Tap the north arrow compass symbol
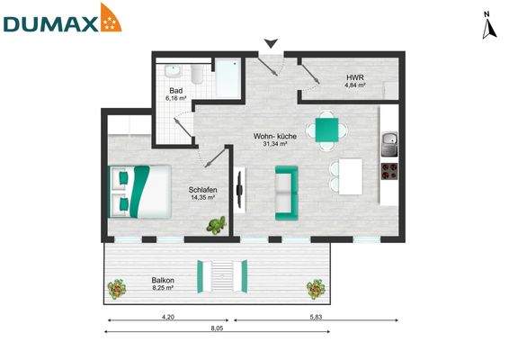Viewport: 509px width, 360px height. point(489,26)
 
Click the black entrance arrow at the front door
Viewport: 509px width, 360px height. point(271,42)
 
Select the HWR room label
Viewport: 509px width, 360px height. point(354,78)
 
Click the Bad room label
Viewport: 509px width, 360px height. point(177,92)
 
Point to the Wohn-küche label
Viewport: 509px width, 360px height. point(274,135)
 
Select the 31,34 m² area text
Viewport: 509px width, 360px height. point(274,144)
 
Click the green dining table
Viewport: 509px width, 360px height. point(328,130)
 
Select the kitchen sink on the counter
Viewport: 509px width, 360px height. point(389,140)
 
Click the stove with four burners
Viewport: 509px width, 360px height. point(390,171)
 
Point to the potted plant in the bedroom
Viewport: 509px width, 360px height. point(217,225)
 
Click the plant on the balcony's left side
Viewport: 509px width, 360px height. point(116,289)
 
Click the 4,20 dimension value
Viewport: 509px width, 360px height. point(167,316)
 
